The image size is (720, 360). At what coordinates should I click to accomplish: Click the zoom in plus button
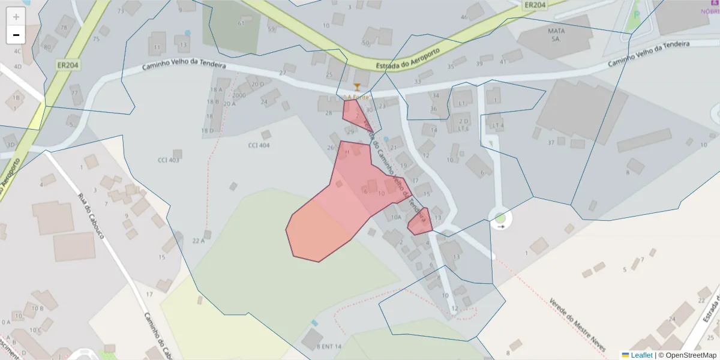click(x=16, y=17)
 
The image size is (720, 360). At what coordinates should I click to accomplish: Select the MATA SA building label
click(x=556, y=34)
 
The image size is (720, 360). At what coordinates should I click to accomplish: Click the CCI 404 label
click(x=259, y=145)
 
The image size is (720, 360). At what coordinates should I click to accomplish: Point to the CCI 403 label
click(x=169, y=160)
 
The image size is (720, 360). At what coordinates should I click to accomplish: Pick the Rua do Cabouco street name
click(x=92, y=215)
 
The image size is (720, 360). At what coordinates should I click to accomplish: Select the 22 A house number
click(x=199, y=241)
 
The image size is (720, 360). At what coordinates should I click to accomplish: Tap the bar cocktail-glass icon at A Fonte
click(x=358, y=88)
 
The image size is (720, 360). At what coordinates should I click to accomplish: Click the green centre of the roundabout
click(x=500, y=218)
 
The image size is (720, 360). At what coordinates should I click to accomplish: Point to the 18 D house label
click(x=208, y=130)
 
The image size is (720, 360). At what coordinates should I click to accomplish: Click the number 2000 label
click(x=239, y=95)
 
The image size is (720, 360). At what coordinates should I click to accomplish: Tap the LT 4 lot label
click(x=497, y=125)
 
